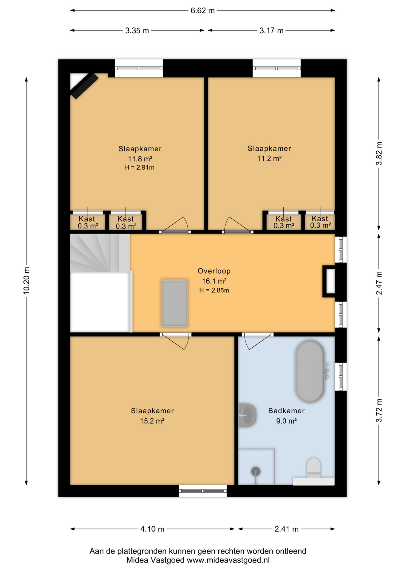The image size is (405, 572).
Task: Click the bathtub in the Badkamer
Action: click(310, 371)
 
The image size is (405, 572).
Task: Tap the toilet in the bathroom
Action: click(313, 468)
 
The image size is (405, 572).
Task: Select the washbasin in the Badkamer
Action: click(247, 415)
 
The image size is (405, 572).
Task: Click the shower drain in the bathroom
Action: click(256, 472)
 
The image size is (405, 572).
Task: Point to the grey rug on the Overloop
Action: click(174, 303)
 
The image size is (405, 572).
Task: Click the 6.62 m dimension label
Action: click(202, 11)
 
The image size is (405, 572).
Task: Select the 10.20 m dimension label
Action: click(27, 281)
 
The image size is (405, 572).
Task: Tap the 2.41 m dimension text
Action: click(286, 529)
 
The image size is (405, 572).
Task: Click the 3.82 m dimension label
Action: click(379, 153)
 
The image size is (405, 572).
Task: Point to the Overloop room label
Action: click(214, 271)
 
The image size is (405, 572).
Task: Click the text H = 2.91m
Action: click(139, 167)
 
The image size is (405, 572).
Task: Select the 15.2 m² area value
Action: click(152, 421)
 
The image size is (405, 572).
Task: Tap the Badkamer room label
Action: click(286, 411)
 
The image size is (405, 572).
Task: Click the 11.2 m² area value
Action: click(269, 158)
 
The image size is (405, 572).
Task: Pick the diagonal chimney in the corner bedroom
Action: click(84, 86)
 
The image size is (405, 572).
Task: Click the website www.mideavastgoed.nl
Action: click(228, 560)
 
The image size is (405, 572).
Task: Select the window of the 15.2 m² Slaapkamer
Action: click(203, 491)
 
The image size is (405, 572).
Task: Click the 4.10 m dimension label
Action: click(152, 529)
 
